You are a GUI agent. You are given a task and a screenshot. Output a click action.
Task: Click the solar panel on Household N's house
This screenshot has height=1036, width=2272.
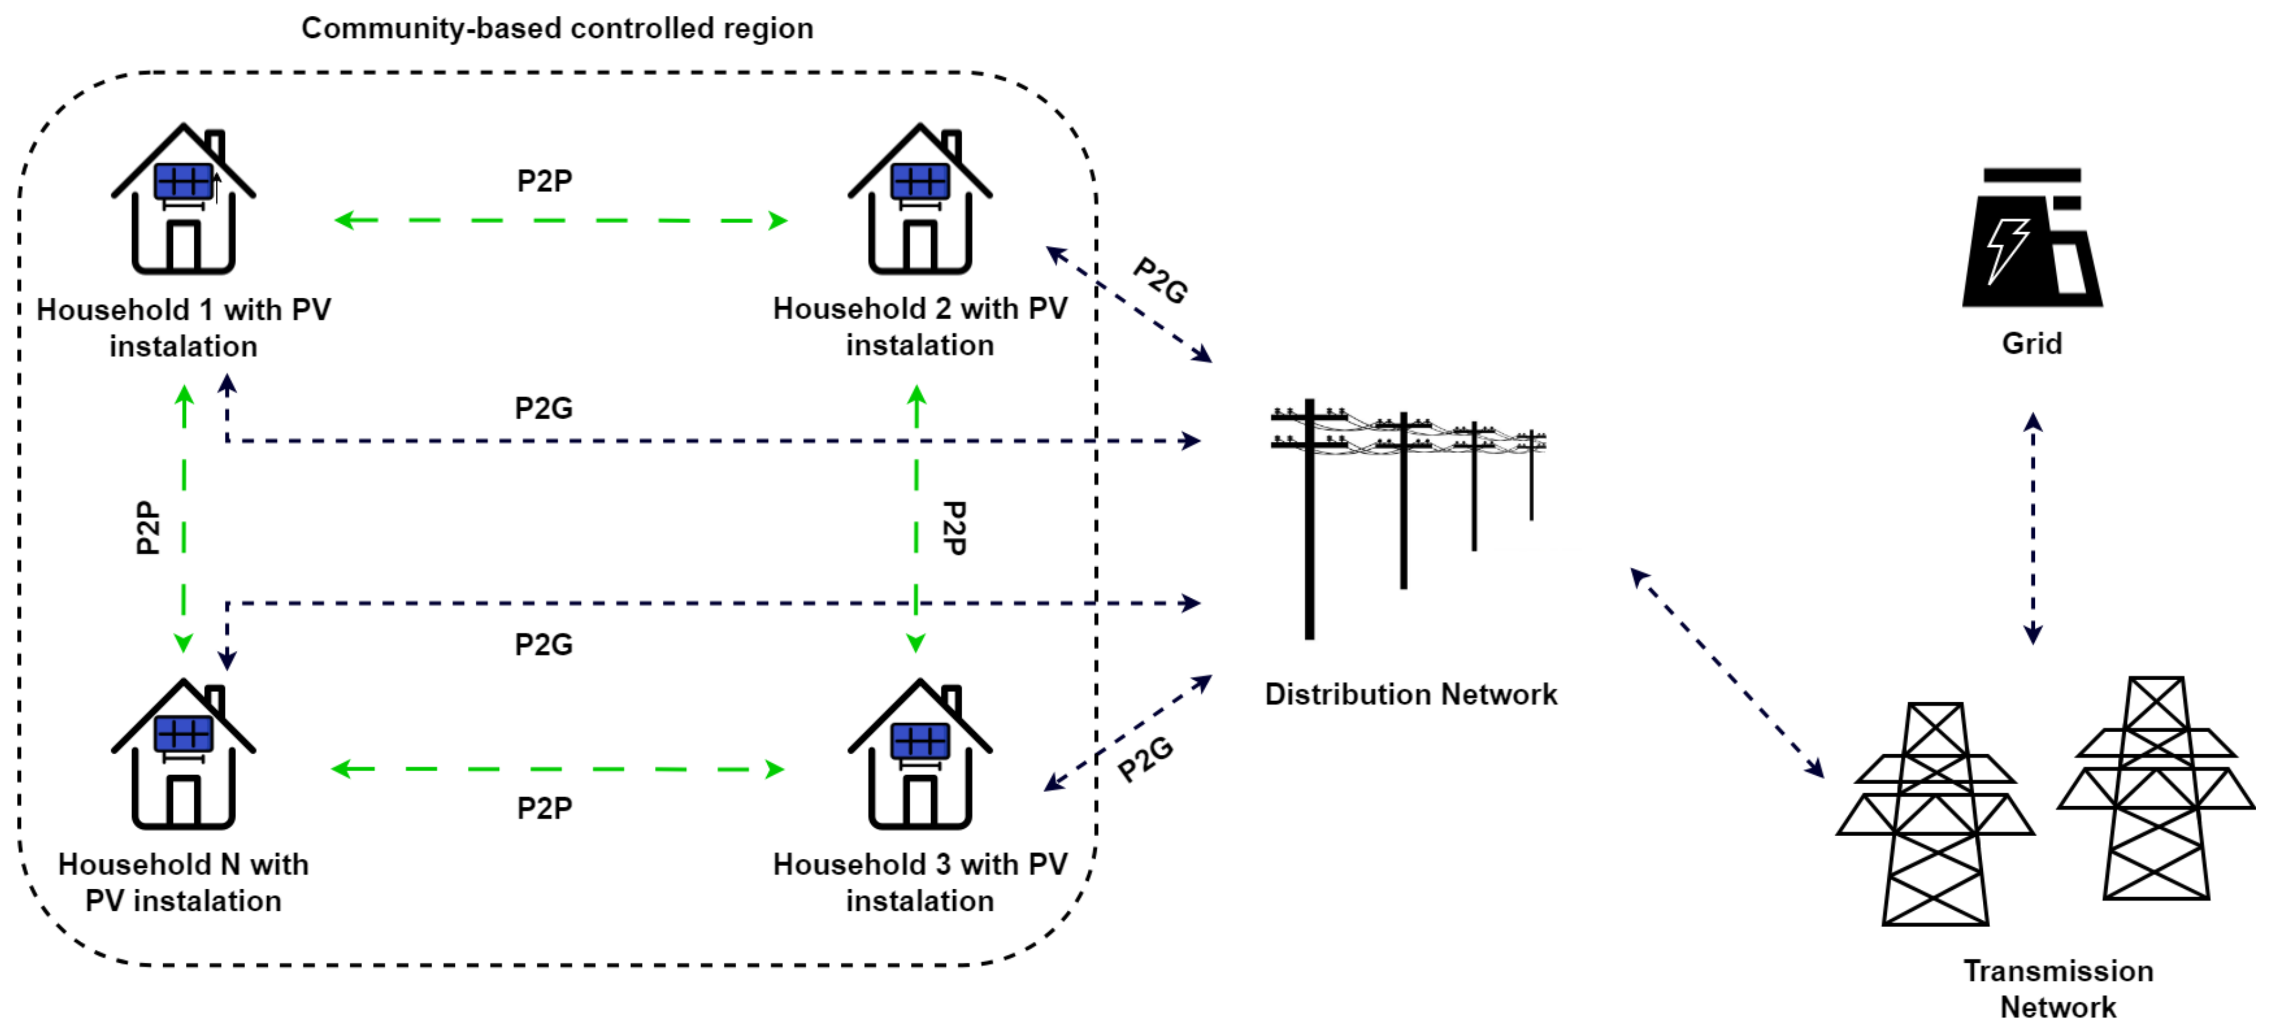pyautogui.click(x=183, y=733)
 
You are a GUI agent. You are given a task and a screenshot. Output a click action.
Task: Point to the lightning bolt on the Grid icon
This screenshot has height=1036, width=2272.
pyautogui.click(x=2007, y=249)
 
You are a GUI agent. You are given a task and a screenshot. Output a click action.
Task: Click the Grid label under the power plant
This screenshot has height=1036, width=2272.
pyautogui.click(x=2031, y=343)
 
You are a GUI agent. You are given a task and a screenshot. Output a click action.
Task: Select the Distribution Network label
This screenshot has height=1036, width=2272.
pyautogui.click(x=1411, y=694)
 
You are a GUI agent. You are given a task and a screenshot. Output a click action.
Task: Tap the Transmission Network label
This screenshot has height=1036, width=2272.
pyautogui.click(x=2057, y=988)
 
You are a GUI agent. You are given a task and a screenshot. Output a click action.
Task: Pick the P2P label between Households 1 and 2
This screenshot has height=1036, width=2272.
pyautogui.click(x=544, y=181)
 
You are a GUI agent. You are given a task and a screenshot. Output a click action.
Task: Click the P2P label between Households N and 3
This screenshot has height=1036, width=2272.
pyautogui.click(x=544, y=807)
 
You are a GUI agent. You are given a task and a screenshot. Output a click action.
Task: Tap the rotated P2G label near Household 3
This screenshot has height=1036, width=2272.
pyautogui.click(x=1145, y=759)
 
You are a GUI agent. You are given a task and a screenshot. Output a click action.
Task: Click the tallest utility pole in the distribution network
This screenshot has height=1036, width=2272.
pyautogui.click(x=1309, y=529)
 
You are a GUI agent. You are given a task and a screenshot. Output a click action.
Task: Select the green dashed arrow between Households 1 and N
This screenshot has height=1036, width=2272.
pyautogui.click(x=183, y=520)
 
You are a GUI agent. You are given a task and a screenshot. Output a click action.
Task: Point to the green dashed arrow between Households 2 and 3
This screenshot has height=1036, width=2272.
pyautogui.click(x=917, y=520)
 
